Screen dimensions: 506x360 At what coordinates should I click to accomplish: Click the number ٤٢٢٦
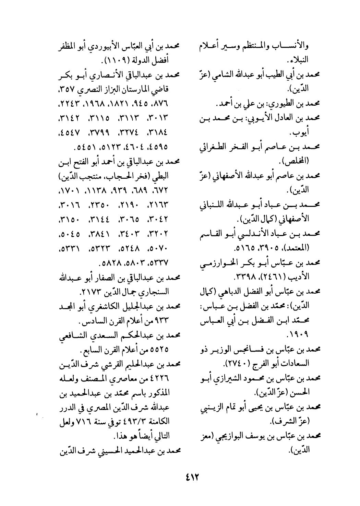(x=163, y=381)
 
